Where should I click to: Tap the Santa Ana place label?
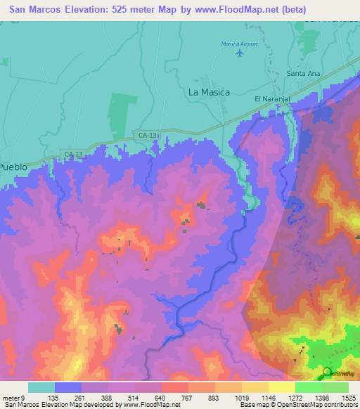pos(303,73)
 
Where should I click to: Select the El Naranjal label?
pos(271,99)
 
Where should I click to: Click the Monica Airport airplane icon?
pos(241,53)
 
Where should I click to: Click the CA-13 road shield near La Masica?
pos(147,134)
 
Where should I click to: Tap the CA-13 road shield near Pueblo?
pos(72,154)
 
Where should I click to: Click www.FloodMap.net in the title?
pos(254,9)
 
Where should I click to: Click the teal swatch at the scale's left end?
pos(41,387)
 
